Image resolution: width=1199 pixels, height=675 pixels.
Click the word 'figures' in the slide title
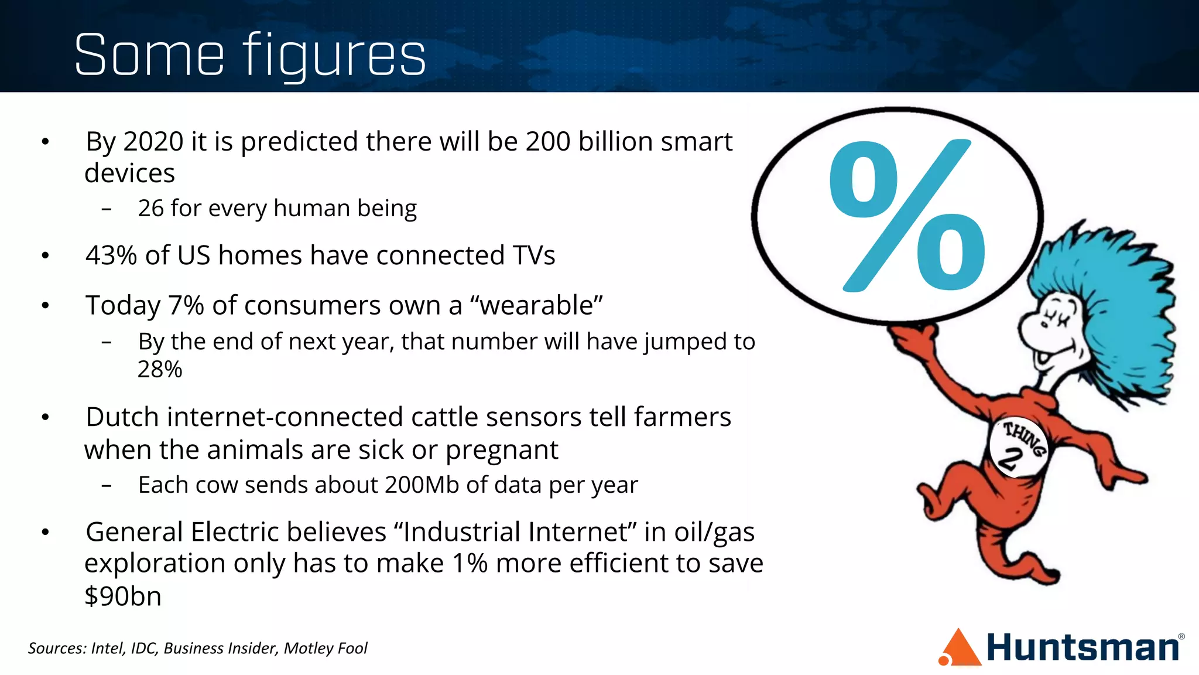point(334,56)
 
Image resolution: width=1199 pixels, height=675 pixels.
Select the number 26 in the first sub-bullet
point(150,209)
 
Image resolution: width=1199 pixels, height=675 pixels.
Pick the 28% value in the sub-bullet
point(160,370)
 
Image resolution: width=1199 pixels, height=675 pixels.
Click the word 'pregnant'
point(502,450)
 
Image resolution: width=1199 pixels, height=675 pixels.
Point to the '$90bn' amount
point(123,596)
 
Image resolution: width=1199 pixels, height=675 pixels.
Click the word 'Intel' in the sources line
point(108,648)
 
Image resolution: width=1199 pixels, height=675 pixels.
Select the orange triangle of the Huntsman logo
point(960,649)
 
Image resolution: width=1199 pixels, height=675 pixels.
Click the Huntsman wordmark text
point(1083,648)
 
